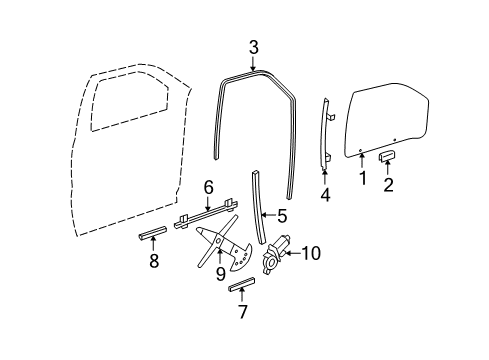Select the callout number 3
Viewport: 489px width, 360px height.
click(254, 47)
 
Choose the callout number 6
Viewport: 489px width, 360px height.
click(209, 187)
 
